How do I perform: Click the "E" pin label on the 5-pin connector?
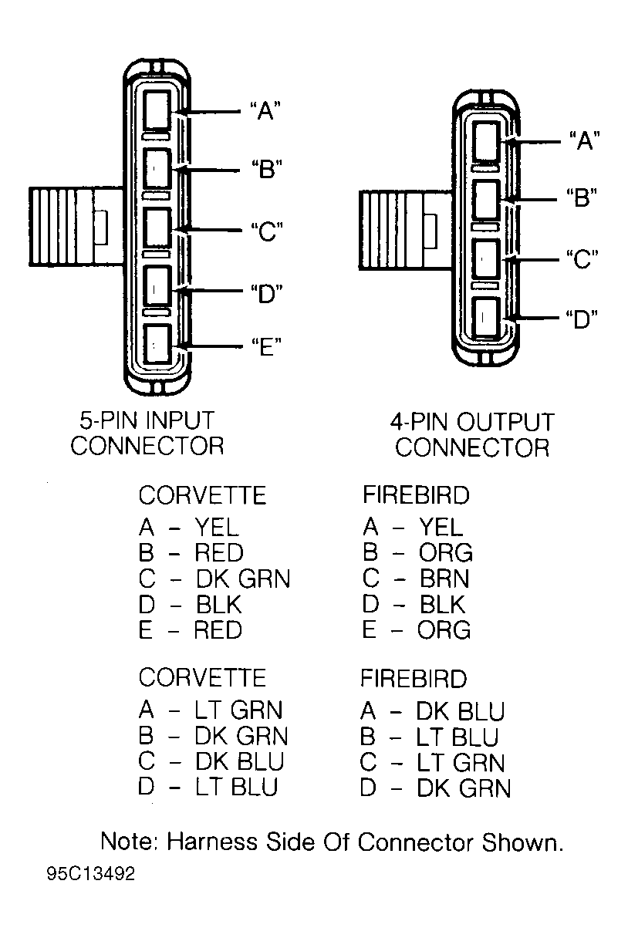(266, 346)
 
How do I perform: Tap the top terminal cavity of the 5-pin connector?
(157, 110)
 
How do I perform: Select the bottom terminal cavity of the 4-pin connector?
(486, 317)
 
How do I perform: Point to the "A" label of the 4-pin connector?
(585, 140)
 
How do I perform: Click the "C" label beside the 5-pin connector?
(267, 231)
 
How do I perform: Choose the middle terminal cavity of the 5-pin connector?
(157, 228)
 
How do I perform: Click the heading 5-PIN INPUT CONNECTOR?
(147, 433)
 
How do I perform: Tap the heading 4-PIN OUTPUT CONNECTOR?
(472, 434)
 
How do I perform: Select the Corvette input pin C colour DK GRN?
(243, 579)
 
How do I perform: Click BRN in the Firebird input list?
(444, 579)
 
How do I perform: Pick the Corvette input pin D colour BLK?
(219, 604)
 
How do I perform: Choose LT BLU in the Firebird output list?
(457, 737)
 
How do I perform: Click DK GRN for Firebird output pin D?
(464, 788)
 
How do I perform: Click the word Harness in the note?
(212, 842)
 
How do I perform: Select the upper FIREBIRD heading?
(416, 495)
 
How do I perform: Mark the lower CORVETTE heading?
(202, 677)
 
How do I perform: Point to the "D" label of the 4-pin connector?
(582, 319)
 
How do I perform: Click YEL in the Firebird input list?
(441, 526)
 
